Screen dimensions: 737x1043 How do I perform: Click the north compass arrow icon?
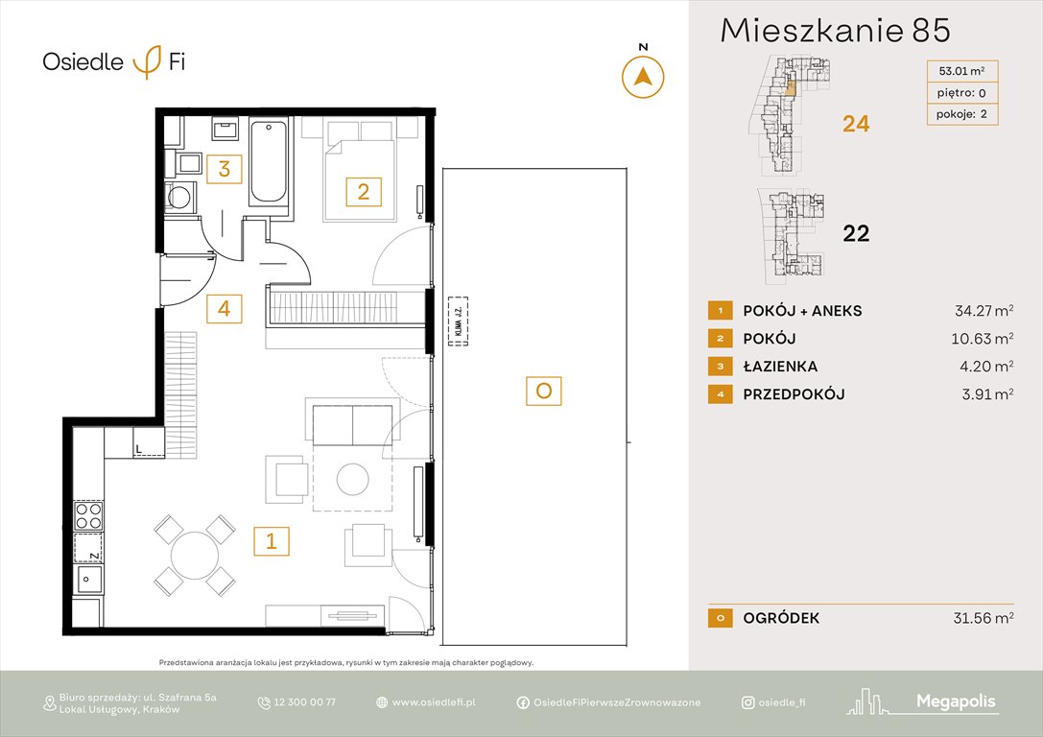tap(643, 77)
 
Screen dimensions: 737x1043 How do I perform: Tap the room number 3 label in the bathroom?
tap(224, 170)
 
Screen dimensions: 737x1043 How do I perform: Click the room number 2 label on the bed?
tap(363, 192)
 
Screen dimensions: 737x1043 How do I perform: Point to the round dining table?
tap(195, 555)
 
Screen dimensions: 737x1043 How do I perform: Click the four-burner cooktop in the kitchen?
tap(88, 515)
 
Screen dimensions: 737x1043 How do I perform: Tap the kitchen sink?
tap(89, 580)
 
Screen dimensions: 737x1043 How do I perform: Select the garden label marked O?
tap(543, 391)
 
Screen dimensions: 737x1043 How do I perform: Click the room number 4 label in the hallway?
tap(224, 308)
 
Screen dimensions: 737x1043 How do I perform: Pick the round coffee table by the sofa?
tap(352, 478)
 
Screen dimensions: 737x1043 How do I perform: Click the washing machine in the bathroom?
tap(179, 198)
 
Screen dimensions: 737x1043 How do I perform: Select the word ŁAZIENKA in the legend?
tap(780, 367)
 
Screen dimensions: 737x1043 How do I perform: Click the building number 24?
tap(855, 124)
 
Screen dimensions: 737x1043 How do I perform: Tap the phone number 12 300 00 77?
tap(304, 702)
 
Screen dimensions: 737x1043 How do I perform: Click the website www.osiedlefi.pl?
tap(434, 702)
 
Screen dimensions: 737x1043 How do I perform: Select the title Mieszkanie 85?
tap(835, 31)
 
